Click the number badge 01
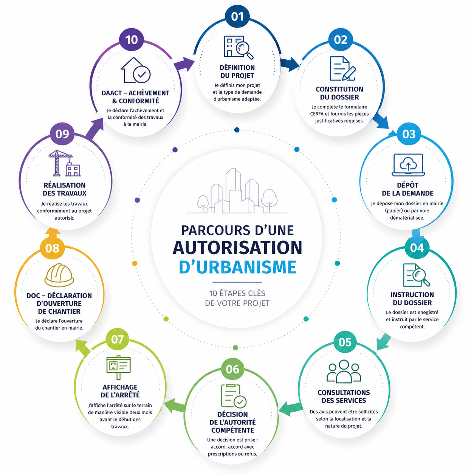point(237,17)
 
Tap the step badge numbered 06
point(232,369)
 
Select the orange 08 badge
point(52,248)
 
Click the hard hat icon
point(59,275)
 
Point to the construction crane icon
point(64,163)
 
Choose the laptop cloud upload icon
point(408,165)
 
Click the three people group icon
point(344,372)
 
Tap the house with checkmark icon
point(136,70)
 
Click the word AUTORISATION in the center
point(237,247)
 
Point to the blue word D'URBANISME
point(237,267)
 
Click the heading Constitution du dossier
point(339,93)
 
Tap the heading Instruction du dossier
point(412,299)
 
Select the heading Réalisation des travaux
point(64,189)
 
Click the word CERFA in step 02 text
point(317,114)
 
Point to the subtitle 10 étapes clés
point(237,293)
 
